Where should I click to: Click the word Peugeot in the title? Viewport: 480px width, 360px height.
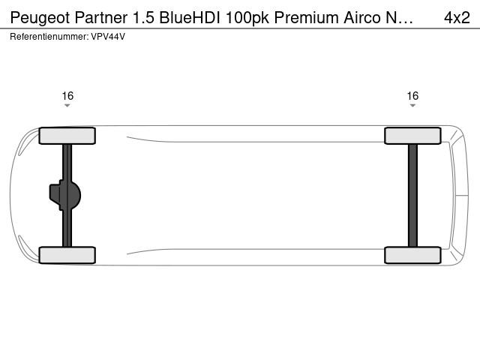click(40, 18)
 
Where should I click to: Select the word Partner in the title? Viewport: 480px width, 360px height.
click(100, 17)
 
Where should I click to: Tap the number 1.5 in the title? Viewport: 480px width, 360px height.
click(143, 17)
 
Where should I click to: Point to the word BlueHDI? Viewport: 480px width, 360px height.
click(190, 17)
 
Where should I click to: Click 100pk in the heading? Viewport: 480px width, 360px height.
click(247, 18)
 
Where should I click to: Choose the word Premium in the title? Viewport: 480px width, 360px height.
click(306, 17)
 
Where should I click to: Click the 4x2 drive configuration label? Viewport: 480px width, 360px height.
click(457, 17)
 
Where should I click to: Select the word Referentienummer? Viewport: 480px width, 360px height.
click(49, 37)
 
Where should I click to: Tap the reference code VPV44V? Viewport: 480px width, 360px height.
click(108, 37)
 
